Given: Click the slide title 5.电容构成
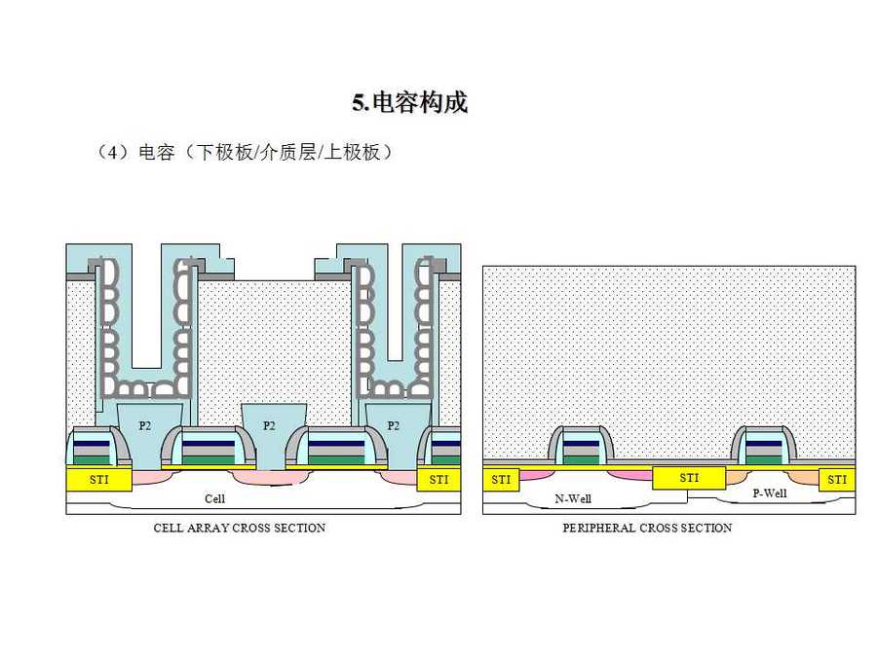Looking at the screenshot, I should pyautogui.click(x=409, y=102).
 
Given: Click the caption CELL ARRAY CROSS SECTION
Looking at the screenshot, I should pyautogui.click(x=240, y=528).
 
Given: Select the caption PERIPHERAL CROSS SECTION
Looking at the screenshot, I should pyautogui.click(x=647, y=528).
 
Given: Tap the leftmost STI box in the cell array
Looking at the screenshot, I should pyautogui.click(x=99, y=479).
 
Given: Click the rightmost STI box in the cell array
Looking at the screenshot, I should pyautogui.click(x=438, y=479).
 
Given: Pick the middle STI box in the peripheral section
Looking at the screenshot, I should pyautogui.click(x=689, y=478).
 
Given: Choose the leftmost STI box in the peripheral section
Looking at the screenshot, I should pyautogui.click(x=501, y=479).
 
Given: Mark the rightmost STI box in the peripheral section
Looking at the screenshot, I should pyautogui.click(x=837, y=479).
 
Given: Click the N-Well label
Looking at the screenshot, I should pyautogui.click(x=573, y=498).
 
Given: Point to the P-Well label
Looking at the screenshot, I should pyautogui.click(x=770, y=493).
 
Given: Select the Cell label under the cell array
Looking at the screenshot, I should pyautogui.click(x=215, y=498).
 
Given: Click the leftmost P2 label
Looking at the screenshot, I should pyautogui.click(x=145, y=425).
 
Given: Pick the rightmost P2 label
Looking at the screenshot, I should pyautogui.click(x=394, y=425).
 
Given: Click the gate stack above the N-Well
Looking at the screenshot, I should pyautogui.click(x=581, y=447).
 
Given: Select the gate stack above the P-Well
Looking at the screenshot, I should pyautogui.click(x=764, y=447).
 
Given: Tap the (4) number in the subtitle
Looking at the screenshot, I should pyautogui.click(x=114, y=153).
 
